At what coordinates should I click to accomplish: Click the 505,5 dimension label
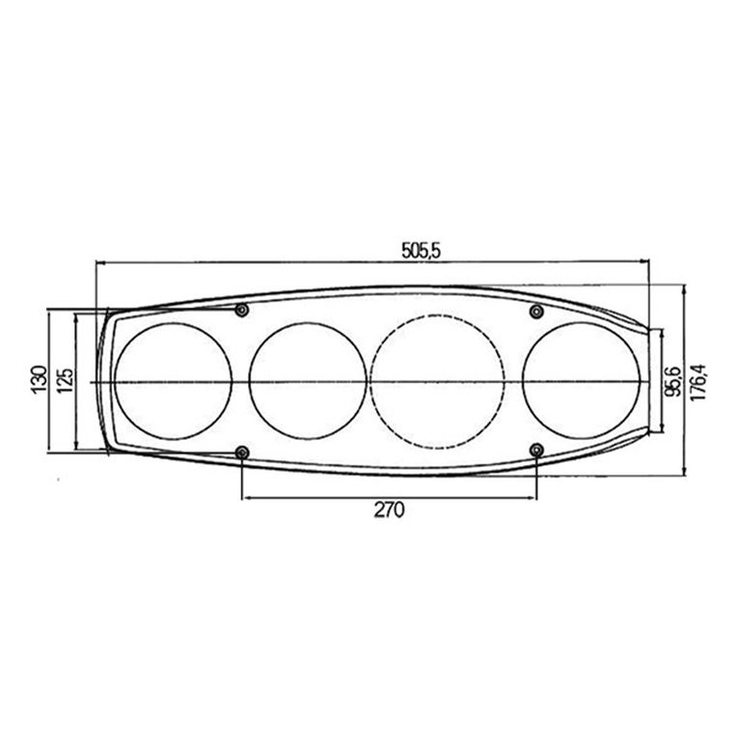[x=421, y=250]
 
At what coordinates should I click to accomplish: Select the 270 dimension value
[x=389, y=509]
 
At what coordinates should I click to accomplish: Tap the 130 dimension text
[x=40, y=380]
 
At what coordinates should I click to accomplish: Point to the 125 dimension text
[x=65, y=380]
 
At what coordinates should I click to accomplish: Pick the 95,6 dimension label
[x=674, y=381]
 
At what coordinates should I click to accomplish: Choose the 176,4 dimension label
[x=698, y=382]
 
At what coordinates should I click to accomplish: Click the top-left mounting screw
[x=242, y=310]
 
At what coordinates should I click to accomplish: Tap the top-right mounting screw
[x=536, y=311]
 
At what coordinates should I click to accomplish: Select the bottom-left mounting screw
[x=242, y=452]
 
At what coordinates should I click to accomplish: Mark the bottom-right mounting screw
[x=536, y=451]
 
